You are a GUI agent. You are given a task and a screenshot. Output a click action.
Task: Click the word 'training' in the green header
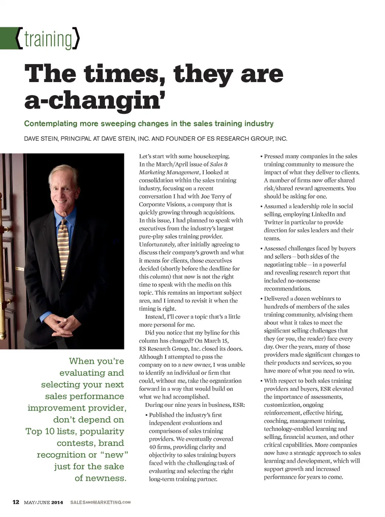48,39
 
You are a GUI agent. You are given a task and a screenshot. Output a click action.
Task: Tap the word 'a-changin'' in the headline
95,100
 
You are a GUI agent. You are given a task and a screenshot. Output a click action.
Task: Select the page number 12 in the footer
16,502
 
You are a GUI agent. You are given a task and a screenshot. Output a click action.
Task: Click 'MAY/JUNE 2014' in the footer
43,503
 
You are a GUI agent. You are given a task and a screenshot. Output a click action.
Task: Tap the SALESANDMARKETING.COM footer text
100,503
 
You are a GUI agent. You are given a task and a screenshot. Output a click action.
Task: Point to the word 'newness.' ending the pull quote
106,478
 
